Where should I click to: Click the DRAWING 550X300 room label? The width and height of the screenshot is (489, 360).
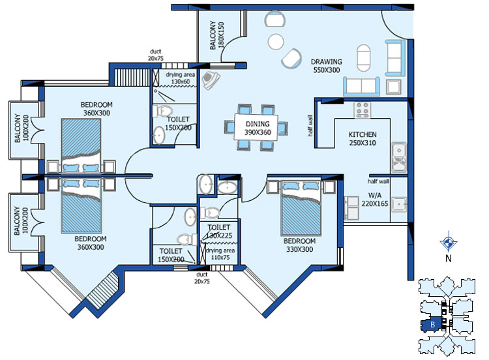click(326, 66)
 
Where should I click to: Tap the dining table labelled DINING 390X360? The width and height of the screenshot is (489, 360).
click(256, 127)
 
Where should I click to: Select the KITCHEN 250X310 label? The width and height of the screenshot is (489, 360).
click(362, 139)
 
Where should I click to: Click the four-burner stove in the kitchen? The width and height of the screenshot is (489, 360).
click(362, 110)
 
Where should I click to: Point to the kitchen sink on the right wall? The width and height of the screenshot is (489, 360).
click(399, 158)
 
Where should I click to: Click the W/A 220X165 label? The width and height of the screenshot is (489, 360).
click(374, 200)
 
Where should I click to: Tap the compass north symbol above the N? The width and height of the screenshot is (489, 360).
click(449, 241)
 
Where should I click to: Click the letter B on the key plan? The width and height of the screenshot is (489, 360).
click(432, 325)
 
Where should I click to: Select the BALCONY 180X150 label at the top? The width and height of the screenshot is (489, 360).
click(216, 35)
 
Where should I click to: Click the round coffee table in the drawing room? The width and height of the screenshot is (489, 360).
click(276, 42)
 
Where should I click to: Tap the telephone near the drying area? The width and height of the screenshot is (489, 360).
click(211, 80)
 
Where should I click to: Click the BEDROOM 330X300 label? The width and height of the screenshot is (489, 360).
click(299, 245)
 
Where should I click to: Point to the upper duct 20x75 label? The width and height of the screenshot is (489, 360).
click(156, 55)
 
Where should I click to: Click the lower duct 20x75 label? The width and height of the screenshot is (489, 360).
click(201, 278)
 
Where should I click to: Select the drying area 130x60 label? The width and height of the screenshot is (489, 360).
click(180, 78)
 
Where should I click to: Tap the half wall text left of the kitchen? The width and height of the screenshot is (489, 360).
click(310, 126)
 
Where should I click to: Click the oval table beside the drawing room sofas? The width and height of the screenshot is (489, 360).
click(363, 58)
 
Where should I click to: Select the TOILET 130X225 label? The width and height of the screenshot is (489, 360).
click(219, 231)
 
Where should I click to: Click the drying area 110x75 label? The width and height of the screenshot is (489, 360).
click(220, 254)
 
